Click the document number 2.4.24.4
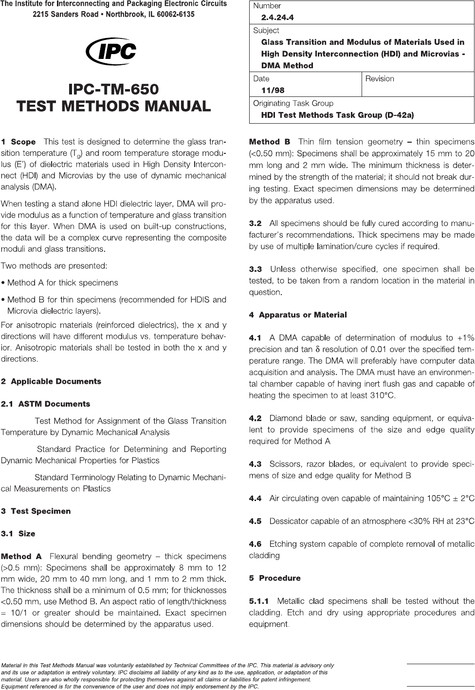pyautogui.click(x=277, y=18)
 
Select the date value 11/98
pyautogui.click(x=273, y=90)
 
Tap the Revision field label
pyautogui.click(x=380, y=78)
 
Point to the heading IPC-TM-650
pyautogui.click(x=114, y=90)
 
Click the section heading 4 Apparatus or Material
pyautogui.click(x=298, y=315)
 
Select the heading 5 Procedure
pyautogui.click(x=275, y=578)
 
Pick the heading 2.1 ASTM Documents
pyautogui.click(x=45, y=404)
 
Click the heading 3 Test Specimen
pyautogui.click(x=36, y=511)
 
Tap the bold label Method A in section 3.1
pyautogui.click(x=21, y=556)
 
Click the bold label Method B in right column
pyautogui.click(x=270, y=142)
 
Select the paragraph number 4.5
pyautogui.click(x=255, y=521)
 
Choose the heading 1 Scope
pyautogui.click(x=18, y=142)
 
